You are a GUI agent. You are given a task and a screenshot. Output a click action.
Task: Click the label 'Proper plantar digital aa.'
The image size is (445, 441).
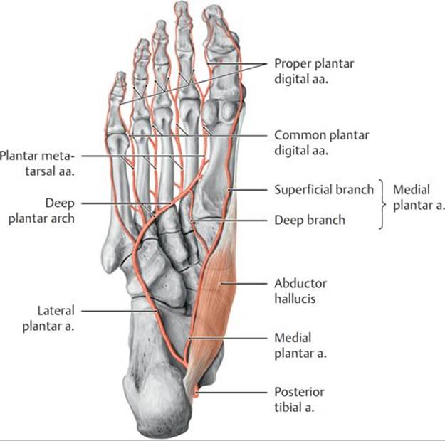click(x=314, y=71)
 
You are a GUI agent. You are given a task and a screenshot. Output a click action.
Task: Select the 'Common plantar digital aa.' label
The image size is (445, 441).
click(x=322, y=143)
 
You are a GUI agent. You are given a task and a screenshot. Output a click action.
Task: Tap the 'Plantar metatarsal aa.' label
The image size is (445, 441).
click(x=37, y=164)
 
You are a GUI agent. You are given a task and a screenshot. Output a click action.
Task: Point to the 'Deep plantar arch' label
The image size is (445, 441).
click(x=41, y=211)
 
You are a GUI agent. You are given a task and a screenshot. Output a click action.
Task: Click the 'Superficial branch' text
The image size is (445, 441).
click(x=324, y=190)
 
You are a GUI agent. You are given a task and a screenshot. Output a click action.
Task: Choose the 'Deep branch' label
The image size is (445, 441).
click(x=310, y=220)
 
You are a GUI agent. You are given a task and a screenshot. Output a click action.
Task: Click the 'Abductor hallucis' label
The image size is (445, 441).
click(x=300, y=291)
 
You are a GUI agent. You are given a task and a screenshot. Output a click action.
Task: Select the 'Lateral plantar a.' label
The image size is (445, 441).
click(x=48, y=318)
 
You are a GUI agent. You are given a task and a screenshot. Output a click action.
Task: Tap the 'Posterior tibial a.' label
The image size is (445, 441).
click(x=299, y=400)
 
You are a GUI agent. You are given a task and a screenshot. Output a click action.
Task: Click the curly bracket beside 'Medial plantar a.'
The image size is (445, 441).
click(x=383, y=204)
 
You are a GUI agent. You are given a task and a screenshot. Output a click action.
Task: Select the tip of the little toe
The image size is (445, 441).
click(x=121, y=73)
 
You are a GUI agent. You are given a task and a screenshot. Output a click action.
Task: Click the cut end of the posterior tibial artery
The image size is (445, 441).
click(x=196, y=395)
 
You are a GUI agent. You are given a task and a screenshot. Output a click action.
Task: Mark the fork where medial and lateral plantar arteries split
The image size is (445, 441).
click(x=184, y=364)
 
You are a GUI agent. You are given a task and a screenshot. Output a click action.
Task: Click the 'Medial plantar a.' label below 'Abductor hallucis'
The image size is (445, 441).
click(x=300, y=346)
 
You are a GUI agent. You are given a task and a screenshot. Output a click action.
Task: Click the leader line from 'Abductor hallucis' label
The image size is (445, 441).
click(x=244, y=283)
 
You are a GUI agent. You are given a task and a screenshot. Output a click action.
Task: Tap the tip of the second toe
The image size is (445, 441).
click(x=182, y=4)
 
